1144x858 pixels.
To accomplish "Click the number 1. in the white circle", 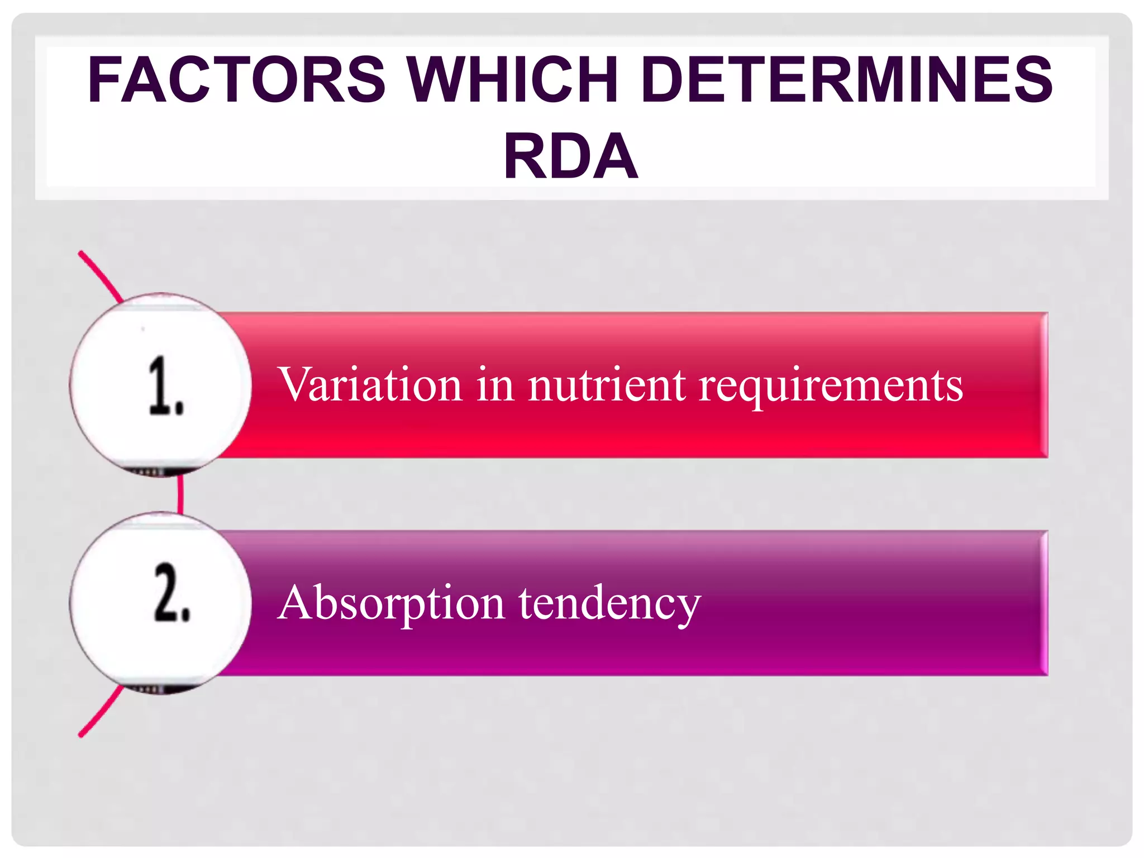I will pyautogui.click(x=166, y=386).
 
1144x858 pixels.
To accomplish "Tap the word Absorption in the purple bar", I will pyautogui.click(x=391, y=603).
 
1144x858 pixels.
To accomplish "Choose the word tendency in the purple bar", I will pyautogui.click(x=609, y=603).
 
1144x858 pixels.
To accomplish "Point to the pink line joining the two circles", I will pyautogui.click(x=180, y=494).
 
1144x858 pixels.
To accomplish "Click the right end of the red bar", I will pyautogui.click(x=1043, y=385).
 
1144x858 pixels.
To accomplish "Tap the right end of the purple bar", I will pyautogui.click(x=1043, y=603).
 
